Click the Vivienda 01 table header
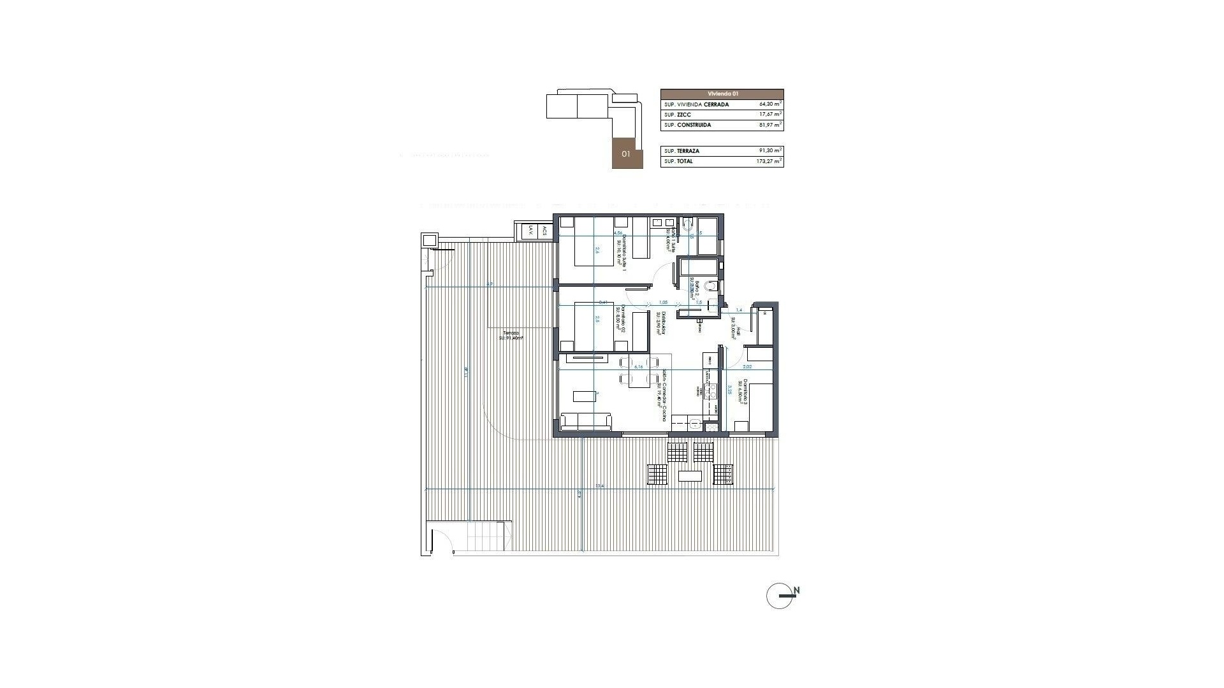click(x=722, y=94)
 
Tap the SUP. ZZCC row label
click(x=677, y=115)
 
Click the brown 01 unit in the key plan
click(x=627, y=154)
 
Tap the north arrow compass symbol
click(x=782, y=596)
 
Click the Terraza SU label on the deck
click(x=512, y=336)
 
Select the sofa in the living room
click(x=585, y=421)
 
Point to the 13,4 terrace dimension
click(x=599, y=486)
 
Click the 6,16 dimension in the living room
click(x=192, y=367)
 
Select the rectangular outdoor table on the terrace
click(x=690, y=476)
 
